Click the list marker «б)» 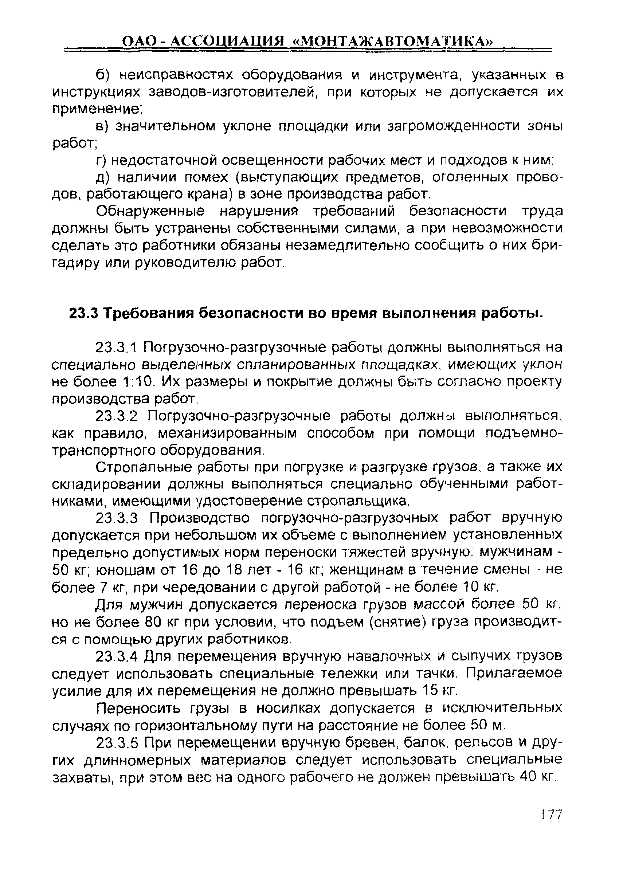pos(103,75)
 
